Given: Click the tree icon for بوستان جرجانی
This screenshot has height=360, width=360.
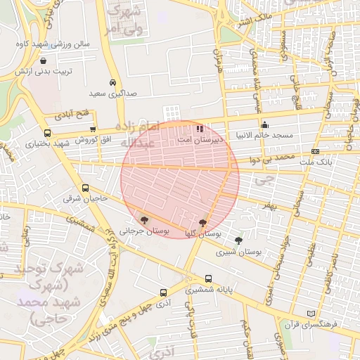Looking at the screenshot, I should [x=144, y=220].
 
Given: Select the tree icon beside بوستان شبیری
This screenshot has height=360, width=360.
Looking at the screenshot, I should [x=238, y=241].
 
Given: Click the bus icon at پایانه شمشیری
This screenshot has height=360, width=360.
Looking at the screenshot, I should [x=208, y=278].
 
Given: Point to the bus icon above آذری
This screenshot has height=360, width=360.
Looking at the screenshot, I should [x=164, y=292].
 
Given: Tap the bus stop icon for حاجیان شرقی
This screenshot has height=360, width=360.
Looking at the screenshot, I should [x=86, y=188].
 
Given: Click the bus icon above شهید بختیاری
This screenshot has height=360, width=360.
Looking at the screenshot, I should [x=48, y=133].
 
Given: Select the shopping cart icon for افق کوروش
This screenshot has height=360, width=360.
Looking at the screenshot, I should [x=93, y=129].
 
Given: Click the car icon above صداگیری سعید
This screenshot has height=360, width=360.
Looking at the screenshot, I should [x=113, y=82].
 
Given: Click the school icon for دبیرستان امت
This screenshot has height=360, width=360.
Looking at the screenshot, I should [x=200, y=129].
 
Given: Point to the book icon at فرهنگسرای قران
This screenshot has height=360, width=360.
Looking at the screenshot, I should [x=311, y=314].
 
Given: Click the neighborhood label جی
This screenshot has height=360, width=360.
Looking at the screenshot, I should [x=263, y=181].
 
